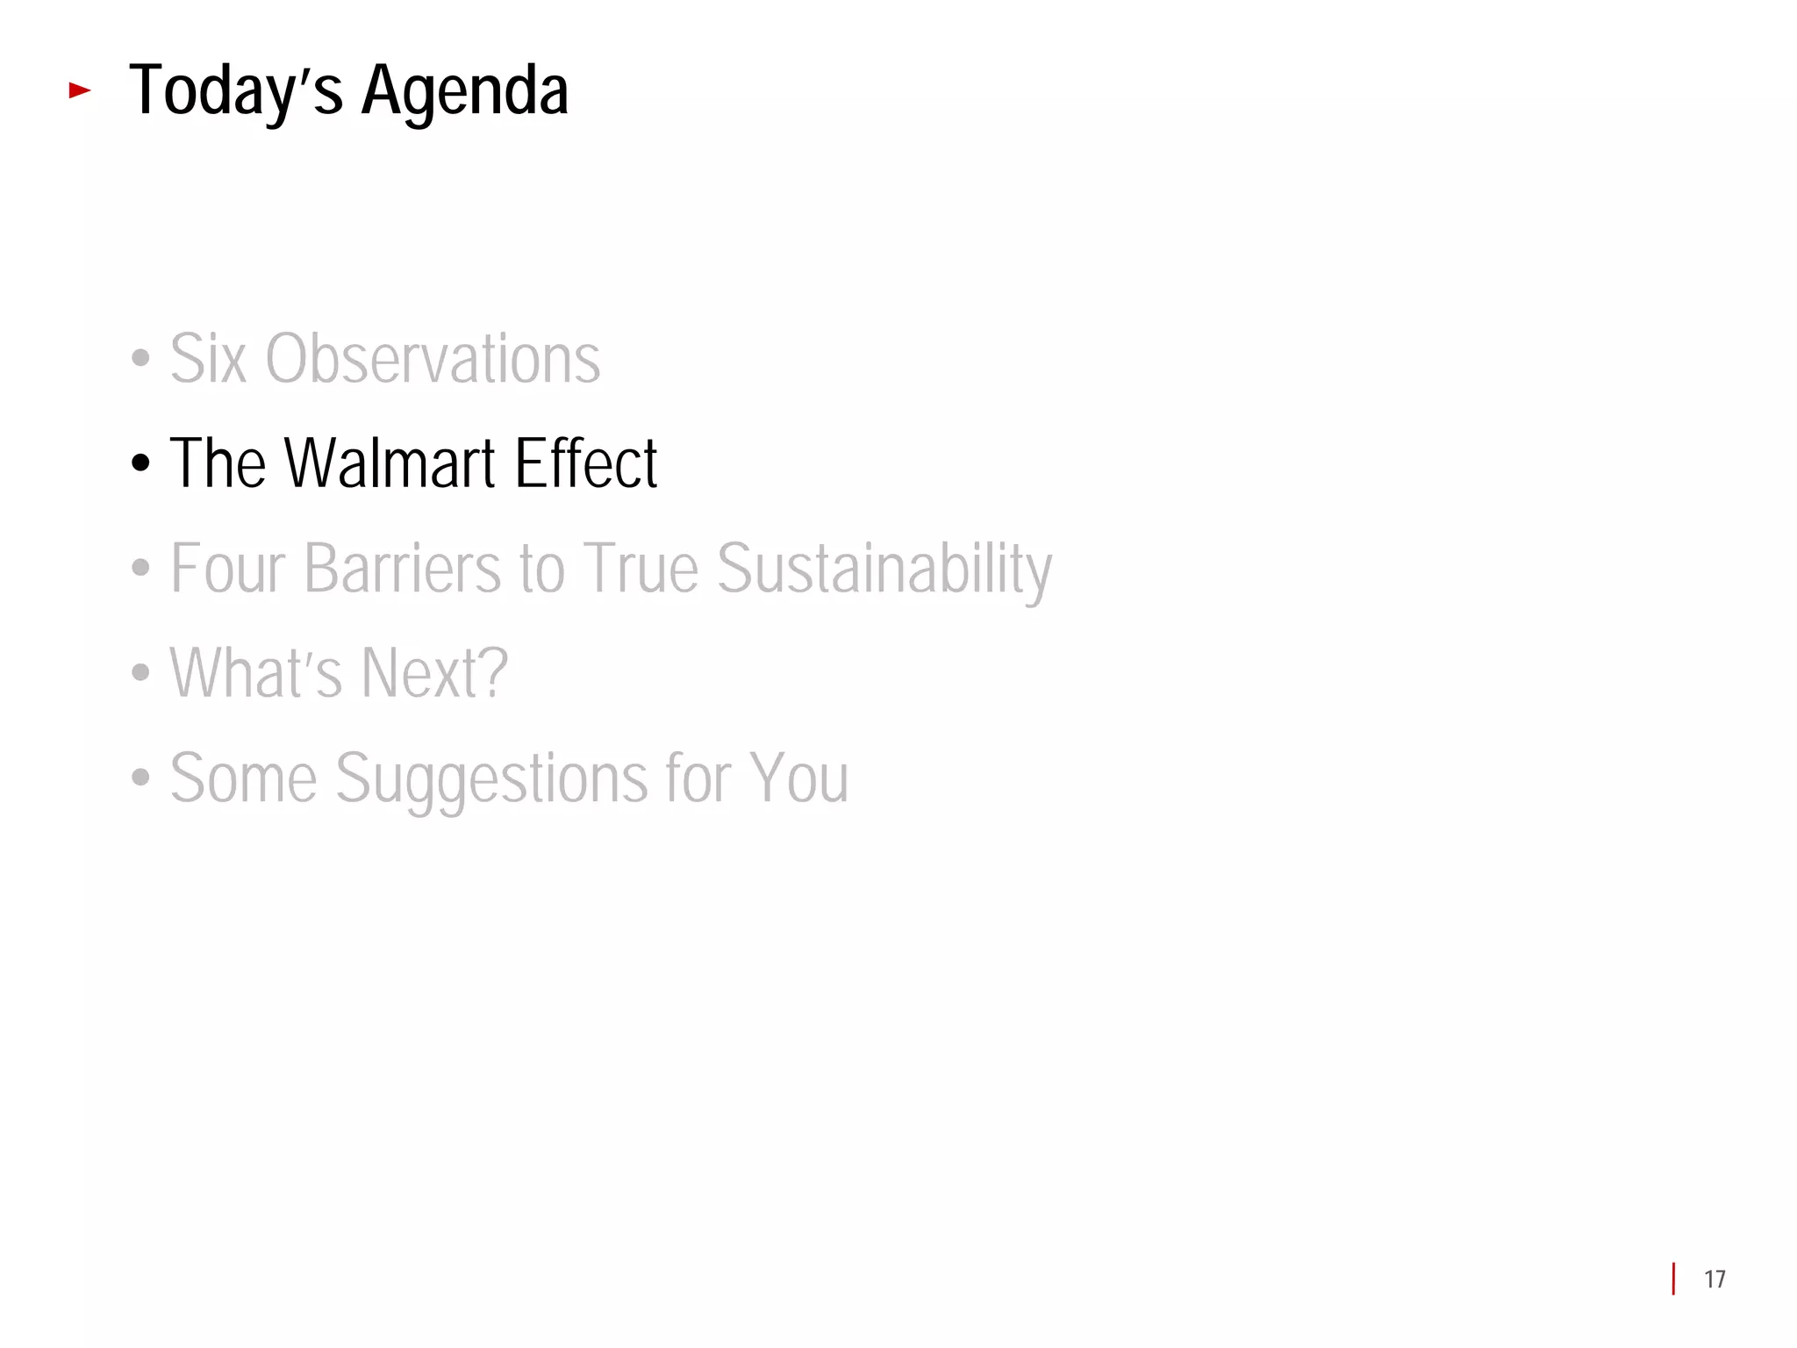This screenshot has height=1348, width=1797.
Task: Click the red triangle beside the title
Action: (x=80, y=90)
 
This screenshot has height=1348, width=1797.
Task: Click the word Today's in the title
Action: (x=235, y=91)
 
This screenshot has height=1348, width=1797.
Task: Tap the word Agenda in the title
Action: (x=464, y=91)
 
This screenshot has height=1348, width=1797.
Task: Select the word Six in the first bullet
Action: (x=208, y=359)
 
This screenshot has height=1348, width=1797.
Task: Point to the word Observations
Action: (x=433, y=359)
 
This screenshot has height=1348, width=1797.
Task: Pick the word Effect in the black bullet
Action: (x=585, y=463)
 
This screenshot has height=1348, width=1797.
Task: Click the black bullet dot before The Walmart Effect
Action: (x=140, y=463)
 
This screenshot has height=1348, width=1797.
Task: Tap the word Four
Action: (x=228, y=569)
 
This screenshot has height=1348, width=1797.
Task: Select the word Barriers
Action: (x=403, y=569)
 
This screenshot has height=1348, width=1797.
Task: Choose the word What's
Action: (x=255, y=673)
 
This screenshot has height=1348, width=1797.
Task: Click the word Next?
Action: (x=434, y=673)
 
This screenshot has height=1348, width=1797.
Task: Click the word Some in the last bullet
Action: (x=243, y=778)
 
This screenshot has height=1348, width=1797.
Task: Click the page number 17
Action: (x=1715, y=1280)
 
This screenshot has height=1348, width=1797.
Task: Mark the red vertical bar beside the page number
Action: (x=1674, y=1279)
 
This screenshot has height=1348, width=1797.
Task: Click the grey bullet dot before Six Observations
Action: (x=140, y=359)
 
